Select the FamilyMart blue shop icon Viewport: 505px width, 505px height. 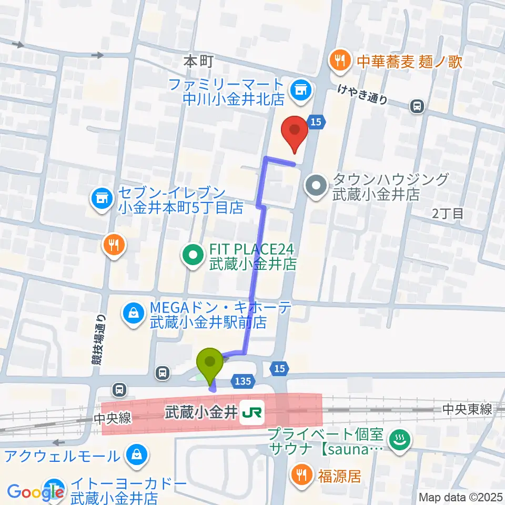[x=301, y=90]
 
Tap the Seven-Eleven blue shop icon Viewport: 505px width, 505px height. [x=102, y=199]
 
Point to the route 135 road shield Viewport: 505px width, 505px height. [x=242, y=380]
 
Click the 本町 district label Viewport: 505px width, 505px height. [x=198, y=61]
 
